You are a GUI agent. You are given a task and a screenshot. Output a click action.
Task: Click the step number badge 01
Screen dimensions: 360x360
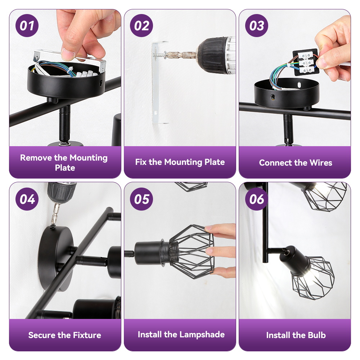[x=27, y=26]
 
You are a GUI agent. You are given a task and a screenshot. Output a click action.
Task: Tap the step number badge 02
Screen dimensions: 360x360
[x=141, y=26]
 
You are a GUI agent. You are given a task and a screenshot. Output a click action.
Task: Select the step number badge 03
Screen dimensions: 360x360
[x=256, y=26]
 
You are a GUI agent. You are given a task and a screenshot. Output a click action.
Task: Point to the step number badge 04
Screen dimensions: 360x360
[x=27, y=199]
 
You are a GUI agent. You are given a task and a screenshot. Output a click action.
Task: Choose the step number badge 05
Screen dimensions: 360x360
[x=141, y=199]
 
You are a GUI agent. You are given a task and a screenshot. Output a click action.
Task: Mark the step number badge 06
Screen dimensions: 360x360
[x=256, y=199]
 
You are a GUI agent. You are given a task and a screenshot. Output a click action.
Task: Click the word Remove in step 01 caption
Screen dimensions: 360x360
[x=36, y=158]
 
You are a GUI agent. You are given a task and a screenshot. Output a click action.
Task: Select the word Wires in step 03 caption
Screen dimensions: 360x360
[x=321, y=163]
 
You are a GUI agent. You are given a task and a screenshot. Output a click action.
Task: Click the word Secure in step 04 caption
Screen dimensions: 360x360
[x=42, y=335]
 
